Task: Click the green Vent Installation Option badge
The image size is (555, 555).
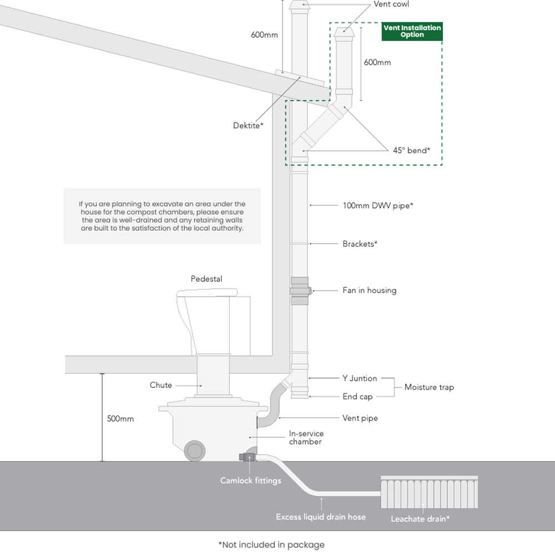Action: [x=412, y=31]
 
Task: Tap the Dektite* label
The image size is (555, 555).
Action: [x=248, y=126]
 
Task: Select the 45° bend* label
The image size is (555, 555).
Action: [x=411, y=150]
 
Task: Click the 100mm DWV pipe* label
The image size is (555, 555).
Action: [x=378, y=205]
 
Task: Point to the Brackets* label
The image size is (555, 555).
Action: [x=360, y=244]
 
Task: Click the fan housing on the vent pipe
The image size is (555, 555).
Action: [x=300, y=291]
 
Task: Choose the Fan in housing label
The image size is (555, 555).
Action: [x=369, y=290]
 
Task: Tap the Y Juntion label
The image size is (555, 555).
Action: [x=359, y=379]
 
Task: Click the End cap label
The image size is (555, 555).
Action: [x=357, y=397]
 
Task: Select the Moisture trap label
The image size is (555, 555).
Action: [x=428, y=387]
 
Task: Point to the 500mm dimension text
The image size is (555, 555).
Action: [x=120, y=419]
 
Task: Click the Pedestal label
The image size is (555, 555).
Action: [x=206, y=279]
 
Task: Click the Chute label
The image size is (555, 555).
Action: [x=161, y=385]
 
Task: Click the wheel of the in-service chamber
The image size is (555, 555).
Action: [x=195, y=450]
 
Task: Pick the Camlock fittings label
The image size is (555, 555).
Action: [x=250, y=481]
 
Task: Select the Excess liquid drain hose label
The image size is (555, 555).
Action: [x=321, y=517]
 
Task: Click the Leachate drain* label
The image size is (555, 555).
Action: [x=420, y=519]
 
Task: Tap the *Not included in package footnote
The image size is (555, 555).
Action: [x=271, y=544]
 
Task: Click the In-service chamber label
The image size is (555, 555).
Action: [x=306, y=437]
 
